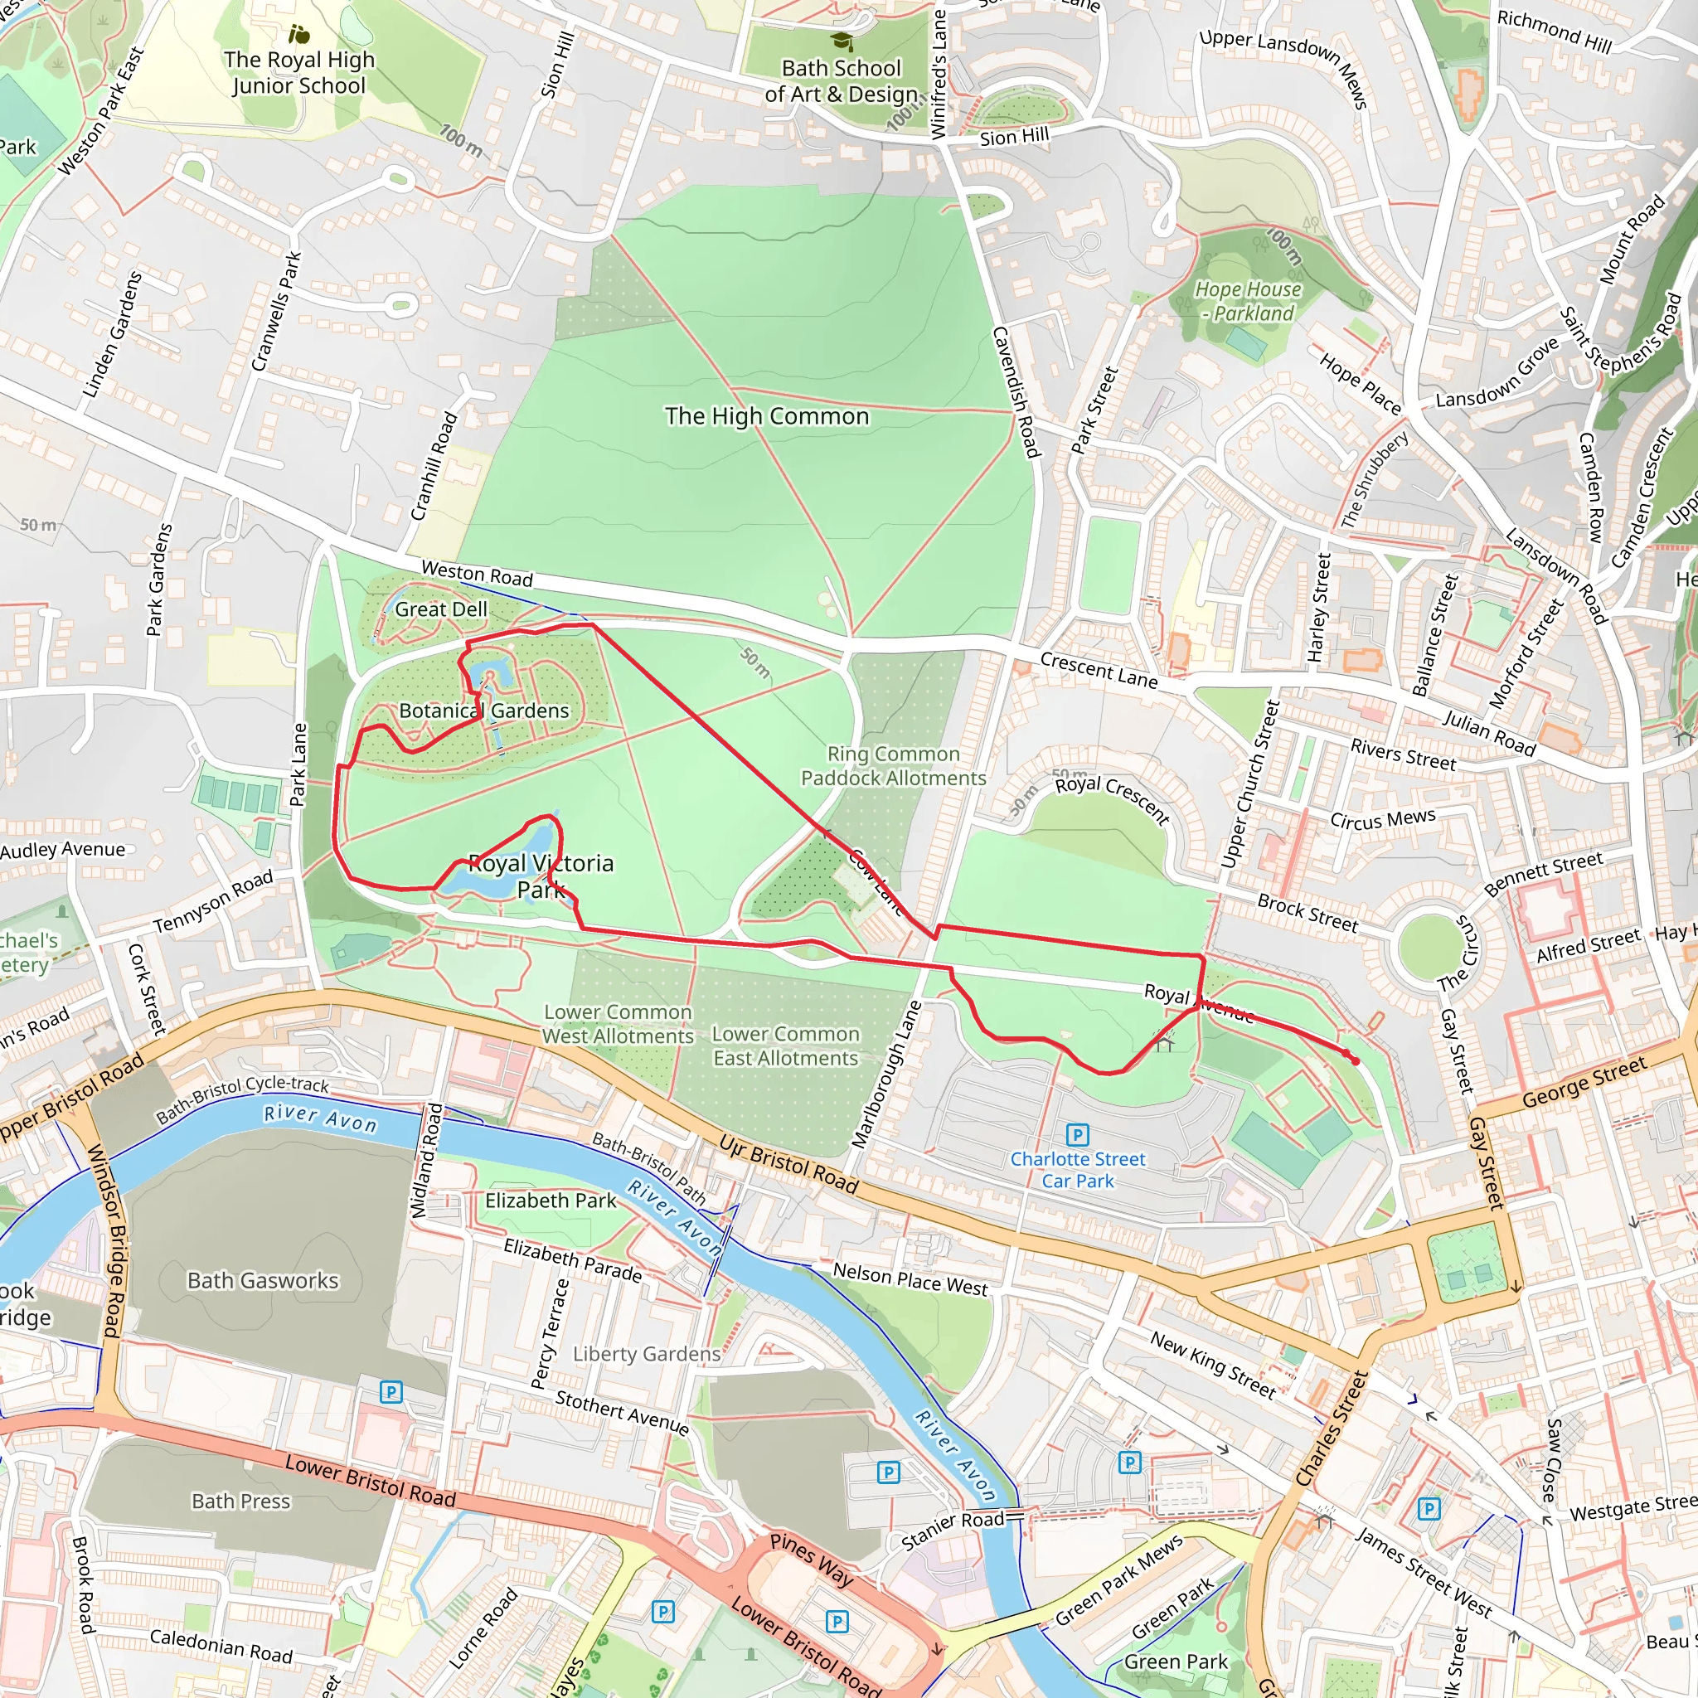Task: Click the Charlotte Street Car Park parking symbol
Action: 1078,1135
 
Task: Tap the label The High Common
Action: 766,416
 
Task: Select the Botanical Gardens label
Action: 484,711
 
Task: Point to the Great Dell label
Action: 440,609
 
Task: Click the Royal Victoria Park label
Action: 541,876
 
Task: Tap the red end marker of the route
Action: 1355,1060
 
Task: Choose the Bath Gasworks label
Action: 263,1280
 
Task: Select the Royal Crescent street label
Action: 1112,800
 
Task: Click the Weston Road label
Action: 478,574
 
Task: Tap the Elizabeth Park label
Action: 551,1201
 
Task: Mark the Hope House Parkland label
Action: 1248,302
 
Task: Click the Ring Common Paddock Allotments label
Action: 893,766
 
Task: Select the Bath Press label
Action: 240,1502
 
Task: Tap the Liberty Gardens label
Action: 647,1355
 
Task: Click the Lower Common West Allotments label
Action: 618,1025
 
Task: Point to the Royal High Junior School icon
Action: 298,35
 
